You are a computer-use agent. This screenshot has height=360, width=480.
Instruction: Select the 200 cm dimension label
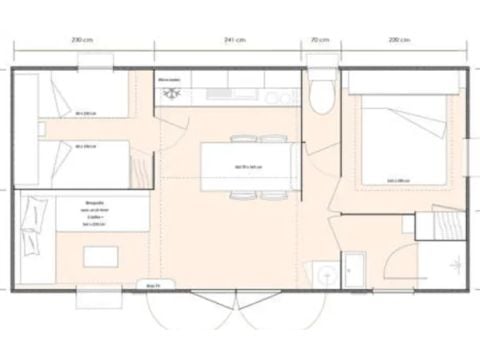point(398,39)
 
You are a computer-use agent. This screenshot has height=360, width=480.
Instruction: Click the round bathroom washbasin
point(322,271)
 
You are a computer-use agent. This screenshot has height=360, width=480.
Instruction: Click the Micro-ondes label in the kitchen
point(169,78)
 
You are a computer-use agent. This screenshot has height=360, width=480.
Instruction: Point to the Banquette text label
point(96,200)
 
